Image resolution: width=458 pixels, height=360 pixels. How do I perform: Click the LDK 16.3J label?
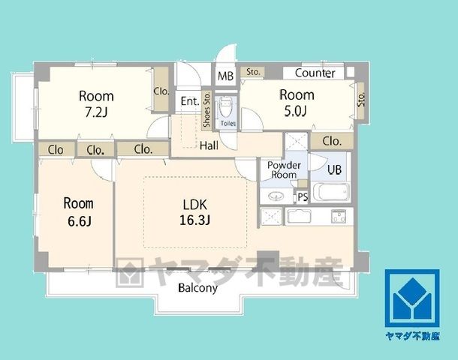click(194, 212)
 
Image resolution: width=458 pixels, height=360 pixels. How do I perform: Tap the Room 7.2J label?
click(96, 103)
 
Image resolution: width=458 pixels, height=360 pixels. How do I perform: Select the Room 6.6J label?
click(79, 211)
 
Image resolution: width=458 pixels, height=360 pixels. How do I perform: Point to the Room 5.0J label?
click(297, 103)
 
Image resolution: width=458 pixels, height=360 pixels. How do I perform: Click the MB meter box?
click(225, 76)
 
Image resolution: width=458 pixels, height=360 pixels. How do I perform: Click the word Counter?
click(315, 73)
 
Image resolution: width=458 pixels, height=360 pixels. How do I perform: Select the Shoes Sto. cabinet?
click(206, 109)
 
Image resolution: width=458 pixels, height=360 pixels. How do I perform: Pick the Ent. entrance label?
click(190, 101)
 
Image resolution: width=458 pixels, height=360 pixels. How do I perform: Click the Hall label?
click(209, 145)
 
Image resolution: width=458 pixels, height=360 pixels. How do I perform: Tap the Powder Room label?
click(284, 169)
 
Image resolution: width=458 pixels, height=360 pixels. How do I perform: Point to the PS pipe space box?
click(303, 197)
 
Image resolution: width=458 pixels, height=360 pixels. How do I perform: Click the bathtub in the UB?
click(331, 192)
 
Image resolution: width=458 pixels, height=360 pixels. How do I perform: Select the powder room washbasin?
click(276, 196)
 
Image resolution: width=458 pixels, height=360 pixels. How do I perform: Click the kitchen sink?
click(299, 217)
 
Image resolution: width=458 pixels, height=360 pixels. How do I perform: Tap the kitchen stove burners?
click(339, 216)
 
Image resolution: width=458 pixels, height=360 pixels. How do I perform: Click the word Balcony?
click(197, 288)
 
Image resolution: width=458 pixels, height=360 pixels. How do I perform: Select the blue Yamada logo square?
click(412, 298)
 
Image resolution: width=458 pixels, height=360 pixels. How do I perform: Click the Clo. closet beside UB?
click(332, 141)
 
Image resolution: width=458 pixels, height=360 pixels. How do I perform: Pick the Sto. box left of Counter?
click(253, 72)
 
